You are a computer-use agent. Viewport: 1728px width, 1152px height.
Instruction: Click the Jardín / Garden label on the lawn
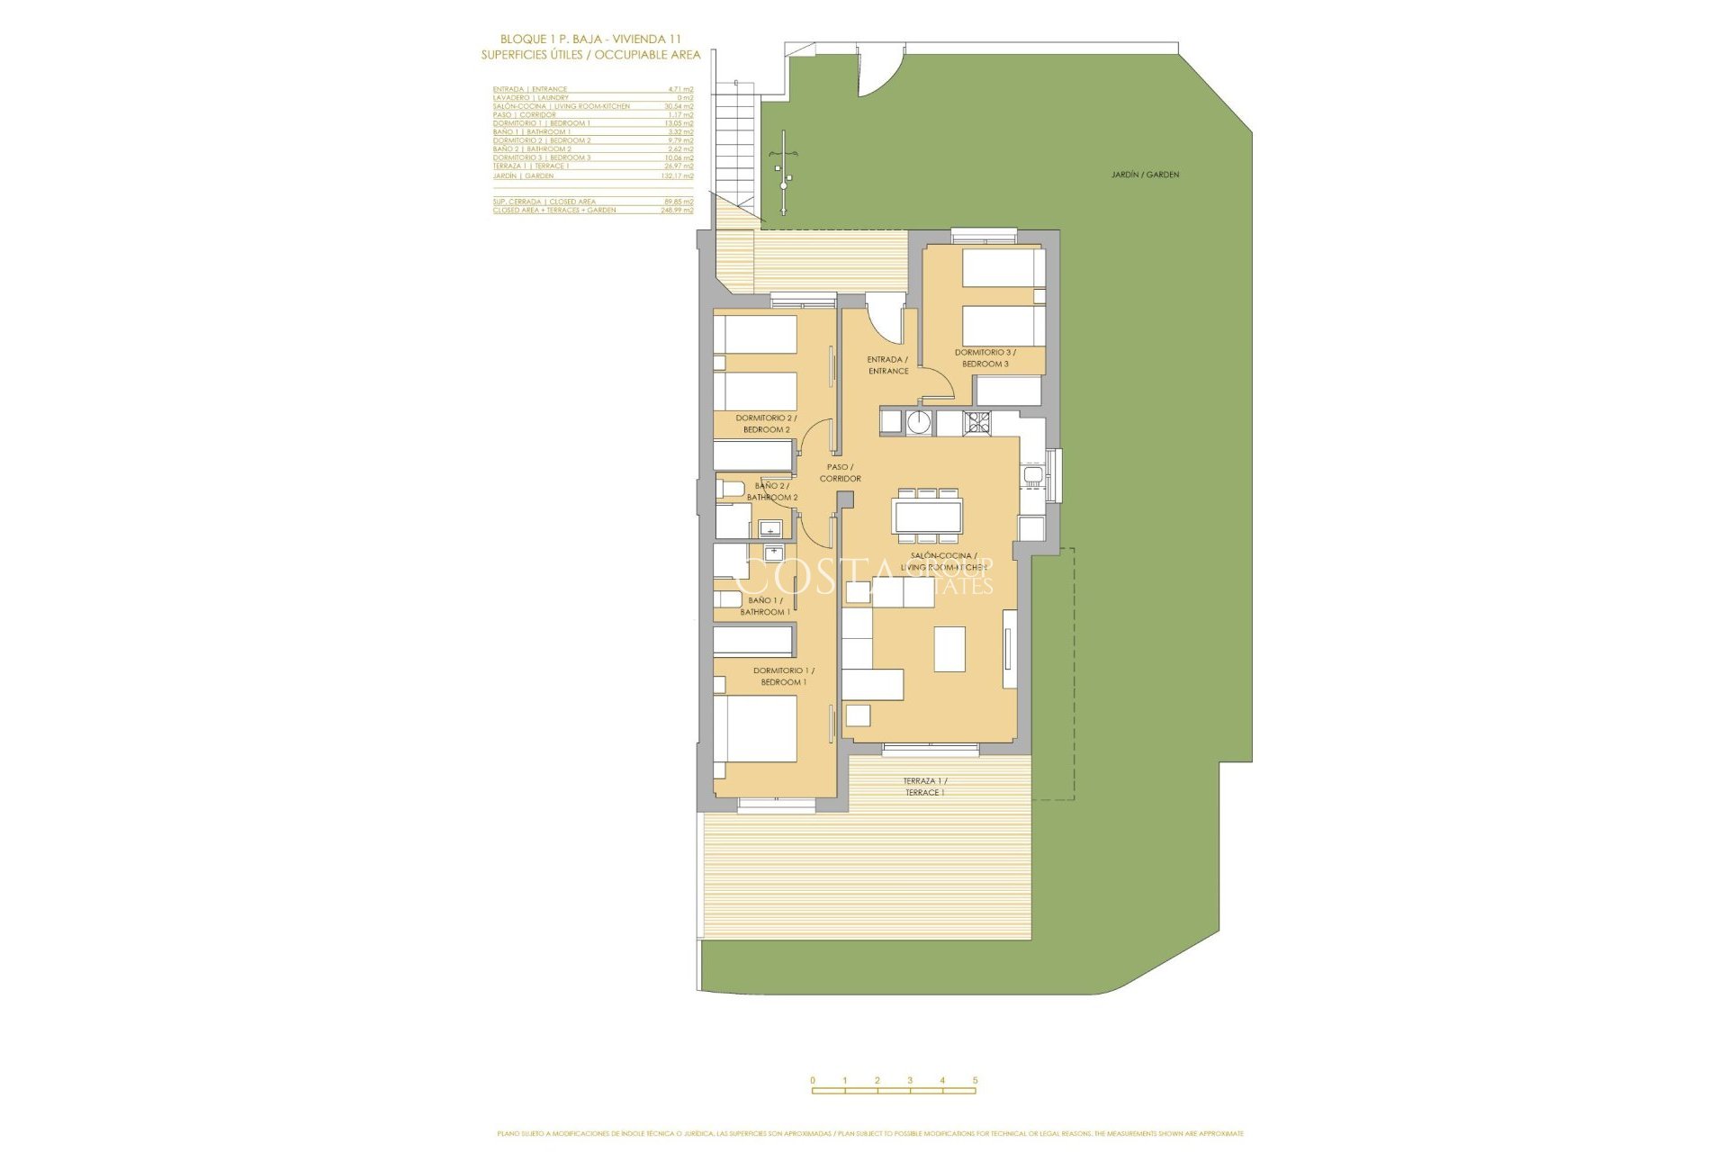(1145, 175)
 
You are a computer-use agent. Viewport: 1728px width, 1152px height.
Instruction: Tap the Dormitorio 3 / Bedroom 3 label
(985, 358)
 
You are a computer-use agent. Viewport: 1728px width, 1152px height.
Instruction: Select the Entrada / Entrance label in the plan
(887, 365)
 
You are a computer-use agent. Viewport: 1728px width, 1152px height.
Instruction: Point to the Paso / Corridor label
(840, 472)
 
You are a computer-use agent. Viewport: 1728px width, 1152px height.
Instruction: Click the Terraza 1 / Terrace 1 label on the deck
(924, 787)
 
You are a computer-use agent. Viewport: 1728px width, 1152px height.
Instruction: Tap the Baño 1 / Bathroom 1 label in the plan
(765, 606)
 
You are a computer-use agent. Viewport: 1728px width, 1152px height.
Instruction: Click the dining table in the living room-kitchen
(927, 516)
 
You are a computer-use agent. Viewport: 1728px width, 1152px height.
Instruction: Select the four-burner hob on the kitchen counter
(976, 422)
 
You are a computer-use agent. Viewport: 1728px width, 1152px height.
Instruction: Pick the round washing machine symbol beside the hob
(919, 422)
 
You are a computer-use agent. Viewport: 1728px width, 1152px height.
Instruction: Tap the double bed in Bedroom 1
(756, 729)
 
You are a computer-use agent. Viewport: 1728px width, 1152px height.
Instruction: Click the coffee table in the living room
(949, 649)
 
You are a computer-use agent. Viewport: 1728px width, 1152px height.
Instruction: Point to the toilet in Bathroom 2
(731, 490)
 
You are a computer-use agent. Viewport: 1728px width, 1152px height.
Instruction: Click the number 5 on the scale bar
(975, 1080)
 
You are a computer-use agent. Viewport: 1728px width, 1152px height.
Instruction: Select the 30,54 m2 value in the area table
(679, 106)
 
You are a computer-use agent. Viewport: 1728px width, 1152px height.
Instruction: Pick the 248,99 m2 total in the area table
(677, 211)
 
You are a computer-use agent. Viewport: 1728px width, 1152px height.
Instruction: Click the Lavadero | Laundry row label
(531, 97)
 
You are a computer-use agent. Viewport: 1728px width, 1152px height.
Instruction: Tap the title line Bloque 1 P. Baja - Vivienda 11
(590, 39)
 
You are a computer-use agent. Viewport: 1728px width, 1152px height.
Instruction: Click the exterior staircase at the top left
(735, 139)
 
